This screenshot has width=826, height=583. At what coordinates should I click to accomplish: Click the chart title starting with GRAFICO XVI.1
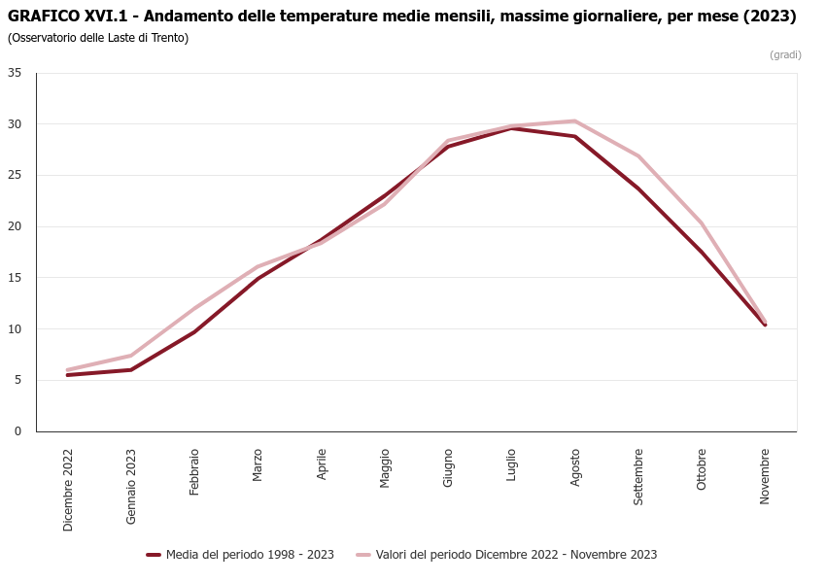click(401, 17)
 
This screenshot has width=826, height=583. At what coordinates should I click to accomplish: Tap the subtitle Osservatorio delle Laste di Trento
click(98, 38)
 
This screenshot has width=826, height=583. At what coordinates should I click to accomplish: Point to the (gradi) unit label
click(785, 54)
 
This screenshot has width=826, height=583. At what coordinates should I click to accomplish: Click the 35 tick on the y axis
click(15, 73)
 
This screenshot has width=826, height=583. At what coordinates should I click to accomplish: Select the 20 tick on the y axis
click(15, 226)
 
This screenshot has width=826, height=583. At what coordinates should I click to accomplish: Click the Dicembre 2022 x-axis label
click(68, 490)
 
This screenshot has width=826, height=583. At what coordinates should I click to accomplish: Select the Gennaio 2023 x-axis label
click(131, 486)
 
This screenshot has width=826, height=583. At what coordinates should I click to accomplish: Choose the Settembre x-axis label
click(638, 476)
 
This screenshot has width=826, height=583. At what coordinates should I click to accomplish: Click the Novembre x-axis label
click(766, 476)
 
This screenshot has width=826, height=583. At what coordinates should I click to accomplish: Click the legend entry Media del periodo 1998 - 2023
click(241, 555)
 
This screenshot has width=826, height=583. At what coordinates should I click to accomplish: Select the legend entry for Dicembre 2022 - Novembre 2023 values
click(506, 555)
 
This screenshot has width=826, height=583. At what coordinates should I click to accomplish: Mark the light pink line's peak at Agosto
click(575, 121)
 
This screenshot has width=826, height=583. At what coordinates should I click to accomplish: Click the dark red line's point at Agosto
click(575, 136)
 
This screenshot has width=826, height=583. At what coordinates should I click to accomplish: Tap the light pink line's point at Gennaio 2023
click(131, 356)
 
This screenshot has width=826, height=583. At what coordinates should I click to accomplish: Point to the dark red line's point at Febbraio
click(194, 332)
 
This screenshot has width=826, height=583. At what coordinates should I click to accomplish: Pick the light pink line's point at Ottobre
click(702, 223)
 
